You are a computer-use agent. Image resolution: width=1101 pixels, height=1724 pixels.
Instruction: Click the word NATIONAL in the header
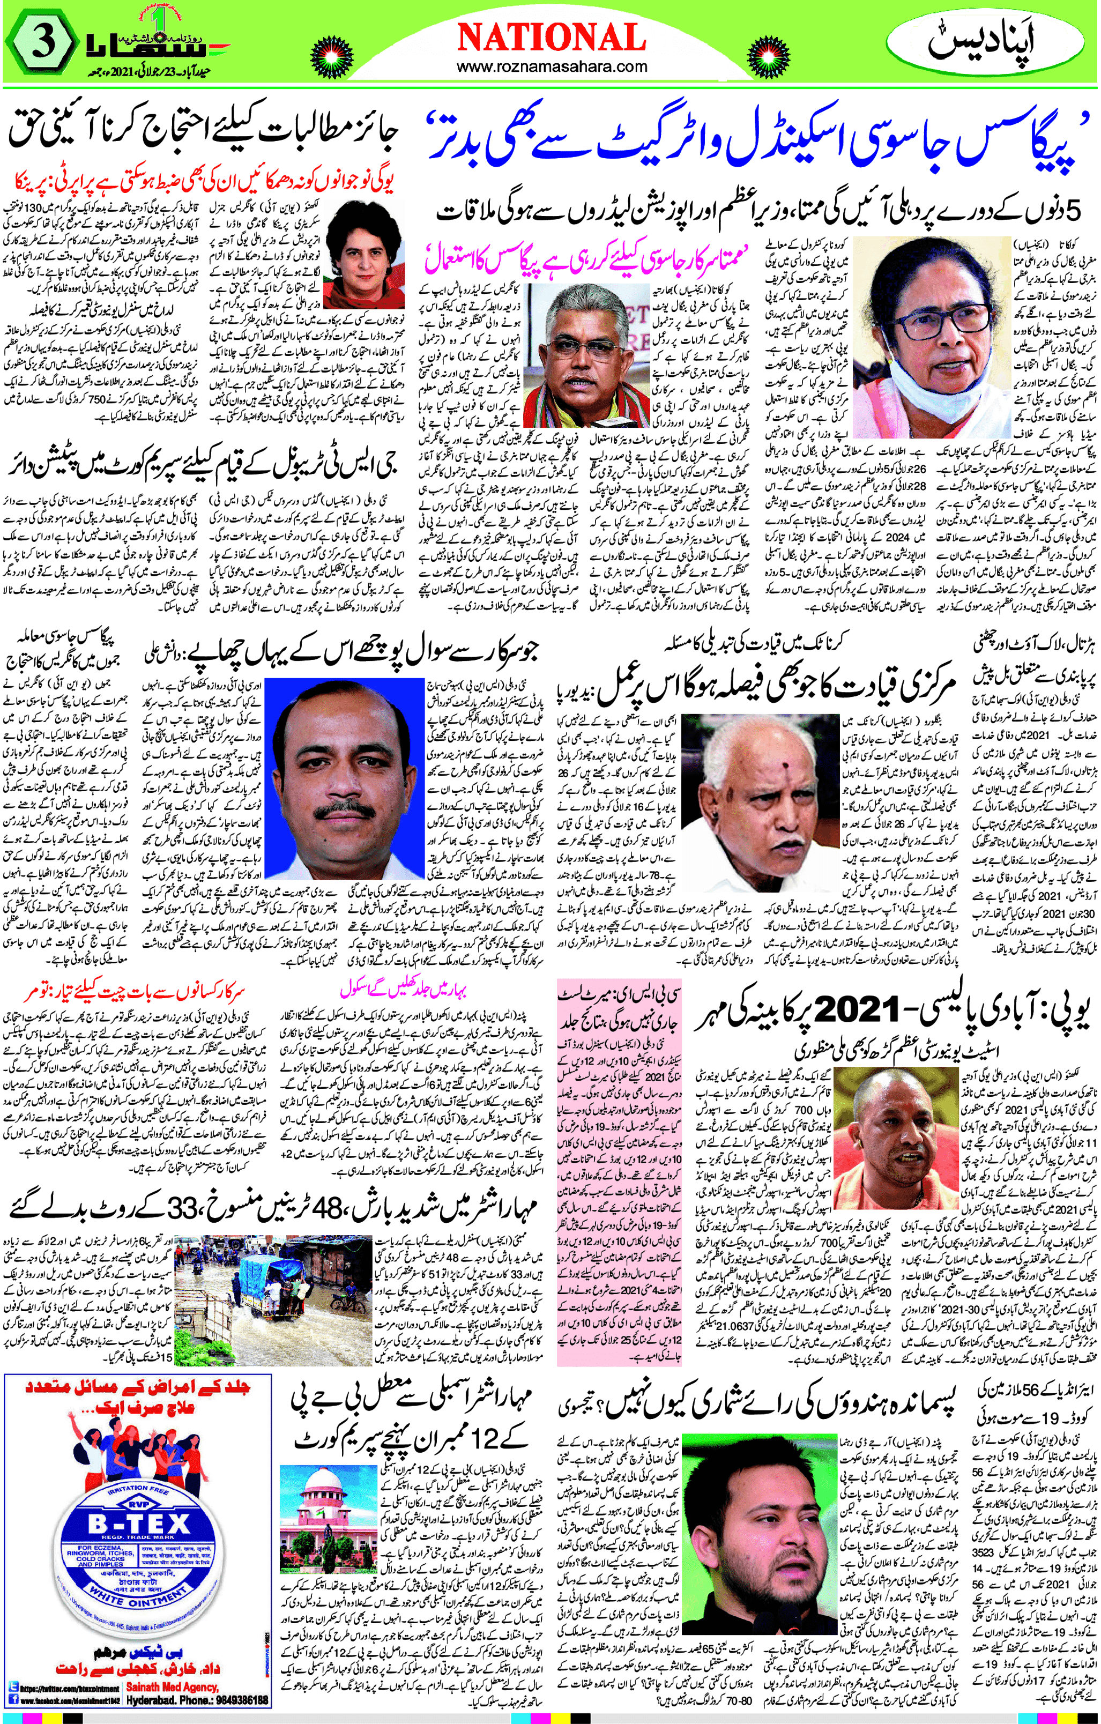(x=550, y=37)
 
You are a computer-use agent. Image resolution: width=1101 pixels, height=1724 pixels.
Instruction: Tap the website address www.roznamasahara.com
(x=551, y=66)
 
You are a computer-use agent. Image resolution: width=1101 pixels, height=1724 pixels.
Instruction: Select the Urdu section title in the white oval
(x=991, y=42)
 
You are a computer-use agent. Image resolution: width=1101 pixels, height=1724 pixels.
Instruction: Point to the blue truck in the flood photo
(x=267, y=1285)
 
